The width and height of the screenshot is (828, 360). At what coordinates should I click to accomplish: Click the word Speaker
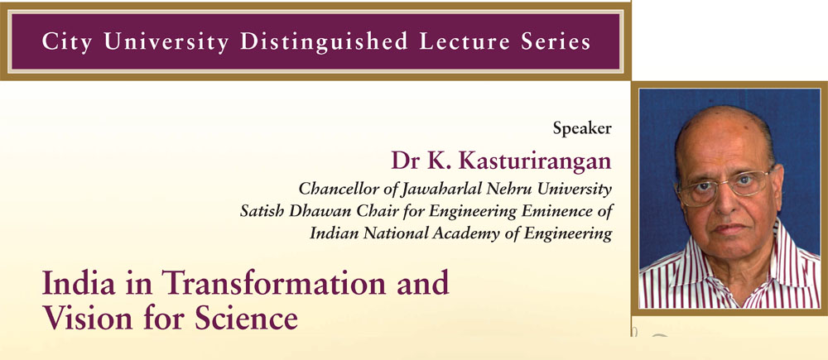tap(582, 128)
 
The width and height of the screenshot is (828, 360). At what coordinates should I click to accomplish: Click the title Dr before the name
tap(405, 161)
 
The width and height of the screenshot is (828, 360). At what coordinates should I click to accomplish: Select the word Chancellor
tap(331, 189)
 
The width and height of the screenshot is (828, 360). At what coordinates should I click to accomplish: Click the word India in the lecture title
tap(70, 283)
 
